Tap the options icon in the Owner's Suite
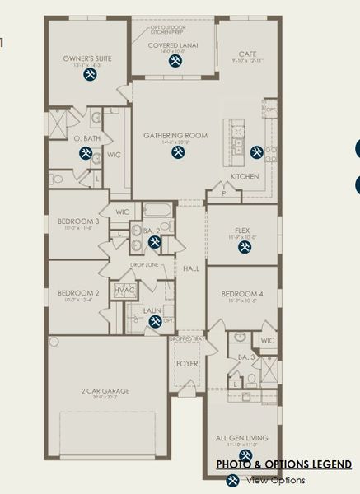(x=90, y=75)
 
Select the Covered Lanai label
(x=171, y=45)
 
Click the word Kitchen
(x=245, y=176)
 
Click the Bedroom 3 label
(x=78, y=221)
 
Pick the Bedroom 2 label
(x=78, y=292)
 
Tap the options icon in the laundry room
(x=154, y=322)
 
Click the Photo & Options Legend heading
(x=284, y=465)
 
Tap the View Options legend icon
(x=232, y=481)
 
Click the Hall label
(x=191, y=268)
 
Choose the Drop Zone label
(x=143, y=265)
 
